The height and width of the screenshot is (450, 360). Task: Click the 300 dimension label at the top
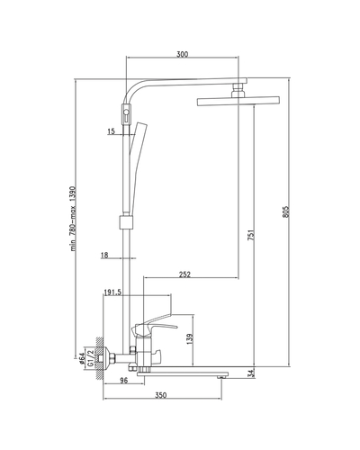point(182,54)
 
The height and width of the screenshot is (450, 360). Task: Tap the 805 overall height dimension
point(286,211)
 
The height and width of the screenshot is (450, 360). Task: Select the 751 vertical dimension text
point(251,235)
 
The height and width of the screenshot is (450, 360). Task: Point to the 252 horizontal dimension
point(184,274)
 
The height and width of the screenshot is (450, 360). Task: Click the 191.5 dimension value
point(112,292)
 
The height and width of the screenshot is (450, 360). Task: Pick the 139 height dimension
point(190,338)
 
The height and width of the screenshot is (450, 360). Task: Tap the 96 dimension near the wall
point(124,381)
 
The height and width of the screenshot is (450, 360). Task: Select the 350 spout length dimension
point(160,395)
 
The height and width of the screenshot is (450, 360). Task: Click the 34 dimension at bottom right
point(251,373)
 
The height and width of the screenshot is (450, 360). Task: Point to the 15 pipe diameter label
point(111,131)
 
